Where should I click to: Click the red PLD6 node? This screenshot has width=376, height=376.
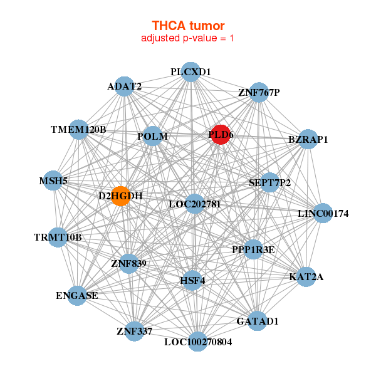220,134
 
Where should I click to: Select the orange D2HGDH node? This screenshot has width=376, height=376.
120,196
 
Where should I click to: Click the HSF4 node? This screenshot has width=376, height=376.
193,280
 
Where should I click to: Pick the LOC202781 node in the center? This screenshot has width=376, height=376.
194,204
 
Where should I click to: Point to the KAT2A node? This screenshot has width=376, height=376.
306,276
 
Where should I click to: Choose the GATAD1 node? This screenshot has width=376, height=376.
257,321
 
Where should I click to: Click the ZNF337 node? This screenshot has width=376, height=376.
134,330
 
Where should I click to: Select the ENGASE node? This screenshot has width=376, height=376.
76,295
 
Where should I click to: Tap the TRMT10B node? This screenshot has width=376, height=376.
58,238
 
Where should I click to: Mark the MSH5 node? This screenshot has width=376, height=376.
53,180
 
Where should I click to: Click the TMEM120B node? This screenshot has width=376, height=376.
78,130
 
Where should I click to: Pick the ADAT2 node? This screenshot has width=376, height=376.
125,86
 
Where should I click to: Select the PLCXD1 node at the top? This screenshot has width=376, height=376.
191,71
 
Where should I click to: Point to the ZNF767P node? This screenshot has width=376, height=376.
259,93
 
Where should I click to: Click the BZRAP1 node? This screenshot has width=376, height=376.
308,139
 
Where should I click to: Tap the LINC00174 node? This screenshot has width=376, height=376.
323,214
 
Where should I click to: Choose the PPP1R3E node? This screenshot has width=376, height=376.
253,250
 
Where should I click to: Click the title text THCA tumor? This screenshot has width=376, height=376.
188,26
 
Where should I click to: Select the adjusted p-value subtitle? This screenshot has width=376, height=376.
188,38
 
